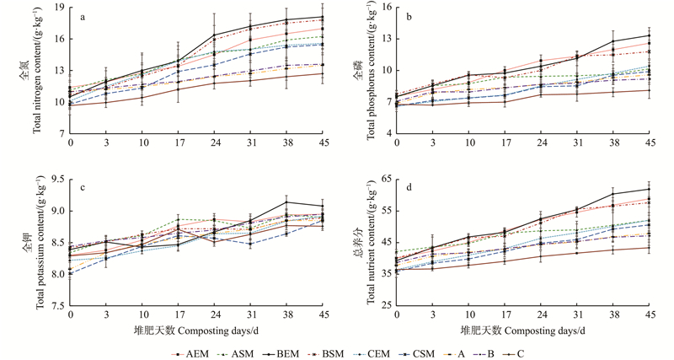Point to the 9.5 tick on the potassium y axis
[x=56, y=179]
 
